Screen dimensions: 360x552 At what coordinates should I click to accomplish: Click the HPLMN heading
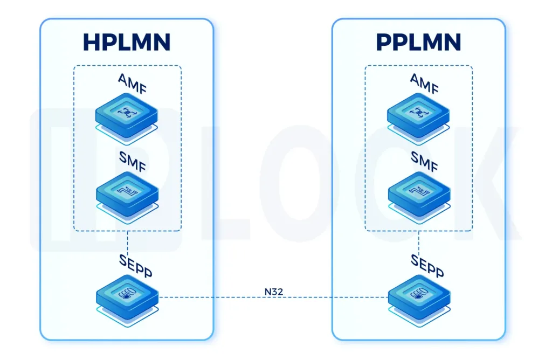[127, 42]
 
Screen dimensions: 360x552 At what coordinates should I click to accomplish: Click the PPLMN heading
[418, 42]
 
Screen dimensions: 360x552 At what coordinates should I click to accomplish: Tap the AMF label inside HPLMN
[133, 84]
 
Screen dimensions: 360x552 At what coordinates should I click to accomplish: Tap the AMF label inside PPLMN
[424, 84]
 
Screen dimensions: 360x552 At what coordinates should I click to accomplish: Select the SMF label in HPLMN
[133, 160]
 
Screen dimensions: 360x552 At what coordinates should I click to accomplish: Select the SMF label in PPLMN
[424, 160]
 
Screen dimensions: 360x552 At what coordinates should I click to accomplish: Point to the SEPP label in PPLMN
[427, 264]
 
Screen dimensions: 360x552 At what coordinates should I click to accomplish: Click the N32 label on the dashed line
[273, 292]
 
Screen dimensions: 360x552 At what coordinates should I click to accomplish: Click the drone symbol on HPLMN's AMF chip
[127, 112]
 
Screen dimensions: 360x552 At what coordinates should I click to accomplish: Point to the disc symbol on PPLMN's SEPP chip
[418, 294]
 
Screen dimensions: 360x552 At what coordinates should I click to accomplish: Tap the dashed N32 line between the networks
[216, 297]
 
